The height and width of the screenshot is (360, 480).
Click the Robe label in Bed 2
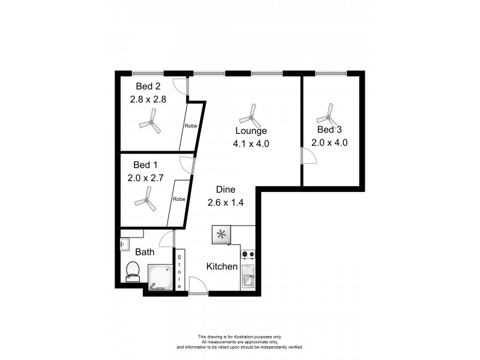pos(191,126)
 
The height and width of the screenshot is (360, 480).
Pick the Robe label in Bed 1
pos(179,199)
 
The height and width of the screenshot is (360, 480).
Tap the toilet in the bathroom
pos(131,272)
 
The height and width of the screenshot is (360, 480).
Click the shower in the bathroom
pos(160,278)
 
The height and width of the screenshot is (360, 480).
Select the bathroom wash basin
pos(124,244)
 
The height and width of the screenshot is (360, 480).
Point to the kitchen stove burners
pos(248,254)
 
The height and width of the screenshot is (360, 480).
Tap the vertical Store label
pos(179,271)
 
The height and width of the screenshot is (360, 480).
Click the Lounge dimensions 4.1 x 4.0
pos(251,143)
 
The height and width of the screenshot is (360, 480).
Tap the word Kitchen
pos(222,266)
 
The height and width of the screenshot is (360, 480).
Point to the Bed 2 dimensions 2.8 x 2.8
pos(148,100)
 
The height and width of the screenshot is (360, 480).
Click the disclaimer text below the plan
pos(239,343)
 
